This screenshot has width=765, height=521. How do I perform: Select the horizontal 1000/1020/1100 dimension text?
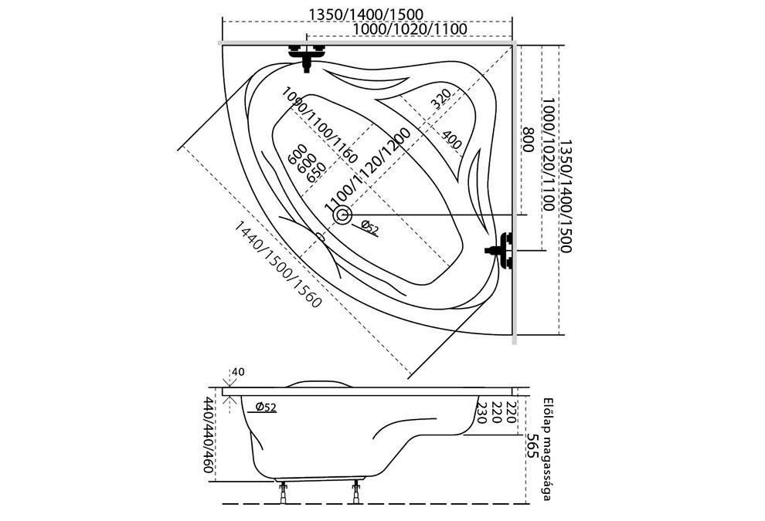tap(409, 29)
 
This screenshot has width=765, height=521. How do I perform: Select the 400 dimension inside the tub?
tap(452, 140)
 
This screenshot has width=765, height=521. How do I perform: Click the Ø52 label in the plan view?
tap(370, 228)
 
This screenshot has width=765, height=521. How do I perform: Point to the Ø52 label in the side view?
tap(266, 408)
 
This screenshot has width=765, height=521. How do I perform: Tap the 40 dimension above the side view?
tap(238, 373)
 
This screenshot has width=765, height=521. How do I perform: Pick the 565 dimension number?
tap(532, 446)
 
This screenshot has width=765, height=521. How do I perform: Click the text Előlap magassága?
tap(547, 448)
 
